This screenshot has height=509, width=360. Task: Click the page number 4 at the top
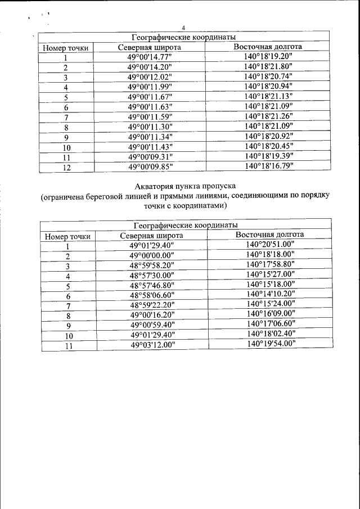[184, 29]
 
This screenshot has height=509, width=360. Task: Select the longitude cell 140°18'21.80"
[268, 66]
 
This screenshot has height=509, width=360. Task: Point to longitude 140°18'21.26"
[268, 116]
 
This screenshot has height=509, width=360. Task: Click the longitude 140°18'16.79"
[268, 166]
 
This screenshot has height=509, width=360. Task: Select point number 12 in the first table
[66, 167]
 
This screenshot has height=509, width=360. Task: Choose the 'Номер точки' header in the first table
[66, 48]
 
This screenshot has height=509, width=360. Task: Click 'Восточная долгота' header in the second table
[269, 235]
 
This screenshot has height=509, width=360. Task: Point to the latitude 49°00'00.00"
[152, 256]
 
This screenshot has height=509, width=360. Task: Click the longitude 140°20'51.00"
[270, 245]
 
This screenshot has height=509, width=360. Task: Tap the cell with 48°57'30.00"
[152, 276]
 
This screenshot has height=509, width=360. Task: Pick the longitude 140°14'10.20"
[270, 295]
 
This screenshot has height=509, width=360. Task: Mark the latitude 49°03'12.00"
[152, 345]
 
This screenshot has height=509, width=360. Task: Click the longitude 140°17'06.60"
[270, 325]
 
